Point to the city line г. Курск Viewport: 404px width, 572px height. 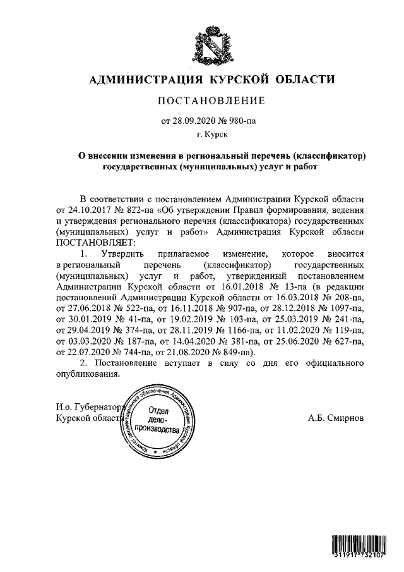click(x=213, y=134)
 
